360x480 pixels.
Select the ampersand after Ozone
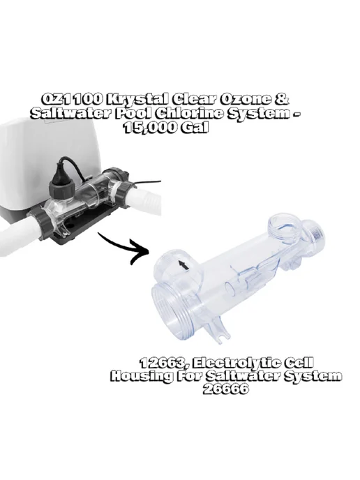coord(280,99)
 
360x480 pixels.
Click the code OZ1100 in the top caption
coord(72,99)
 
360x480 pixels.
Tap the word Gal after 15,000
coord(194,128)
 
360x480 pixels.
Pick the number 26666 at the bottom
coord(225,389)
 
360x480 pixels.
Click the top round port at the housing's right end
coord(282,227)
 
